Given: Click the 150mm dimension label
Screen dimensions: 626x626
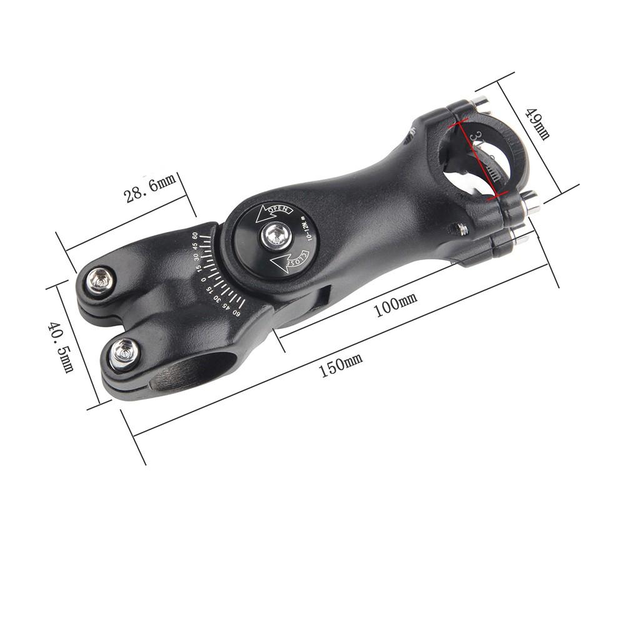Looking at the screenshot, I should pos(341,365).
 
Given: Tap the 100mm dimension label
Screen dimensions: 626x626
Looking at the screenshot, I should pos(395,306).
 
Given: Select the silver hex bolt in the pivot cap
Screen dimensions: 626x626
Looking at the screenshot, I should pos(273,235).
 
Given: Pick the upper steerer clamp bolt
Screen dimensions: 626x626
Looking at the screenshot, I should pos(100,280).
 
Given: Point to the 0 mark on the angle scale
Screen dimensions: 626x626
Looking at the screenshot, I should pos(204,279).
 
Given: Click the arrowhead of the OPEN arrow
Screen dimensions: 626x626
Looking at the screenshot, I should pos(259,216).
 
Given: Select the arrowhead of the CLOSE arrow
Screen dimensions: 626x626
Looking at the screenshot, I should pos(275,259).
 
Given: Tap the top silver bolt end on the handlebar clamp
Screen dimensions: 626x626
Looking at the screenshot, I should pos(479,100).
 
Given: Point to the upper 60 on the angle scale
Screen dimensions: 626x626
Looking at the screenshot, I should pos(194,236).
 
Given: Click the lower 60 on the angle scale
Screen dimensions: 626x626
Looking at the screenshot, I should pos(237,312).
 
